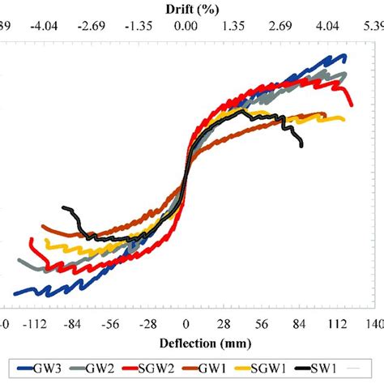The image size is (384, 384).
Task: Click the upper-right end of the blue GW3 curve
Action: tap(344, 56)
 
